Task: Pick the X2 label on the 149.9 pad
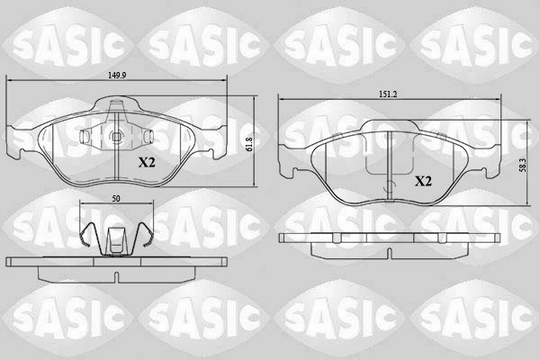(148, 163)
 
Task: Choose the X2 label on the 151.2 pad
(424, 181)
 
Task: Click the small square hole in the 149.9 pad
(118, 137)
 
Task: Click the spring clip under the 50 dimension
(115, 239)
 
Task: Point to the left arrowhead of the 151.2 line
(281, 98)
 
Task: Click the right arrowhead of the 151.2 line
(499, 98)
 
